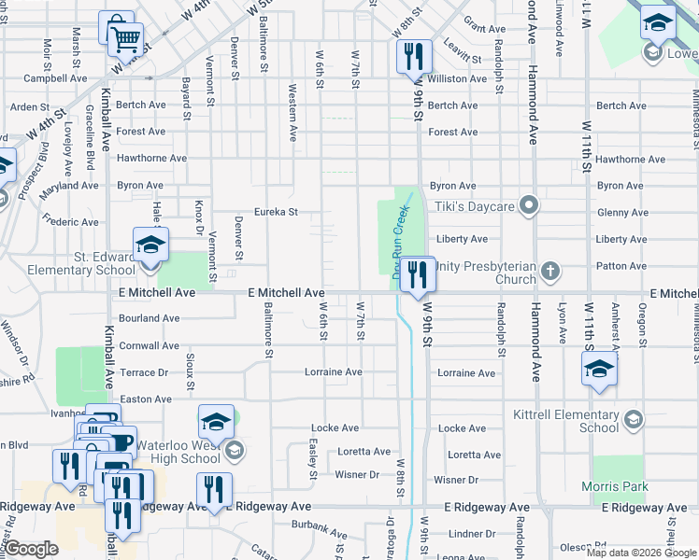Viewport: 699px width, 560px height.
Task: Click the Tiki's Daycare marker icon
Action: pos(530,204)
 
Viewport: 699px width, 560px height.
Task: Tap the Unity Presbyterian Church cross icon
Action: pos(550,272)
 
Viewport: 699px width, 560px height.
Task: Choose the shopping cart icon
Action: pos(125,40)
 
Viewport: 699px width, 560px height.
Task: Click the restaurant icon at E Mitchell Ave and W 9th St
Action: pos(418,273)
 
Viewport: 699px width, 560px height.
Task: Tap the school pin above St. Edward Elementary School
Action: pos(150,245)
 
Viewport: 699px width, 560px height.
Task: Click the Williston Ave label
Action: pos(457,79)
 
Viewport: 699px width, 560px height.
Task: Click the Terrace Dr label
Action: pos(144,372)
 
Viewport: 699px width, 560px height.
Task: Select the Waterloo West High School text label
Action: pos(179,452)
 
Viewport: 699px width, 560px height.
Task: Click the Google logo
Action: pos(32,549)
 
